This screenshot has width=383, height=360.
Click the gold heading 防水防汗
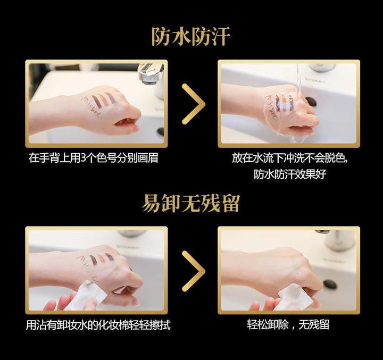tap(191, 37)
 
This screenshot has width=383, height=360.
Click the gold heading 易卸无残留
tap(191, 203)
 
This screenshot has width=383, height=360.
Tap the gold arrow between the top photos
tap(193, 104)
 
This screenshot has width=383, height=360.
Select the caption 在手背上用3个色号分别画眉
tap(94, 158)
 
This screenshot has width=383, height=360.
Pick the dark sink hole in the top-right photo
tap(311, 101)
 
